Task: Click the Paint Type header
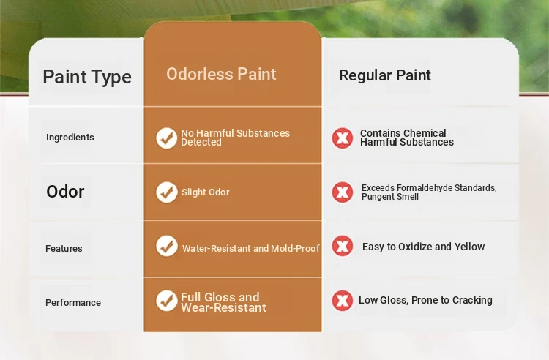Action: (87, 77)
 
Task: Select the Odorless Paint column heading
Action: (221, 74)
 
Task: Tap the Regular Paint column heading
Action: (385, 75)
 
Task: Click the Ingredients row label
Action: (70, 137)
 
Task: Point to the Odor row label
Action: (65, 192)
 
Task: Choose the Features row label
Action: (64, 248)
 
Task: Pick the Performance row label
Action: (73, 303)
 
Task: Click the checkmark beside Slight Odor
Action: (167, 192)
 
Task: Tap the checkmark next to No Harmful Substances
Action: (167, 138)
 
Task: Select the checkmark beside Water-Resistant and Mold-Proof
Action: (167, 246)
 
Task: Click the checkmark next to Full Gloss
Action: (167, 301)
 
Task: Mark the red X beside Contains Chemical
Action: (343, 138)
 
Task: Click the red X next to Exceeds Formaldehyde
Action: (343, 192)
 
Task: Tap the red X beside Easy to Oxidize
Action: (343, 246)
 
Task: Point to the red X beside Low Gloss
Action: (343, 301)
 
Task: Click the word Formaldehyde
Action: (424, 188)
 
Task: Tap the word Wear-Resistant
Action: (223, 307)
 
